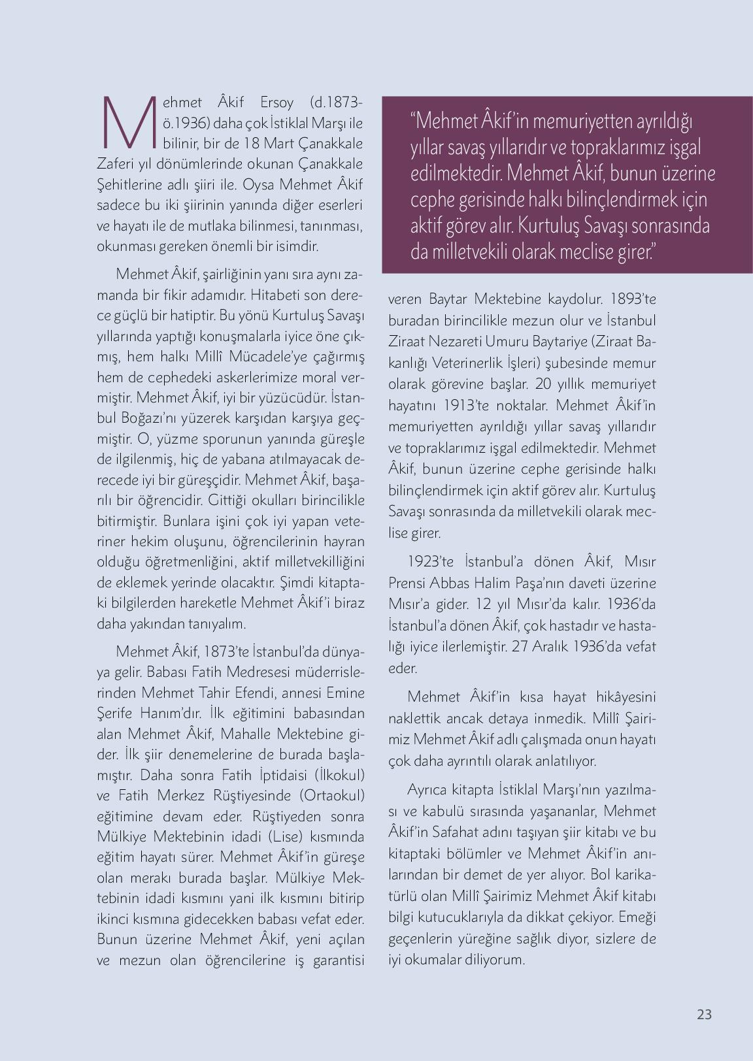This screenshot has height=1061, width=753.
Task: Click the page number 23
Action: [704, 1015]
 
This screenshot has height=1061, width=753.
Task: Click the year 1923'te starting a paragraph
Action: [431, 561]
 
